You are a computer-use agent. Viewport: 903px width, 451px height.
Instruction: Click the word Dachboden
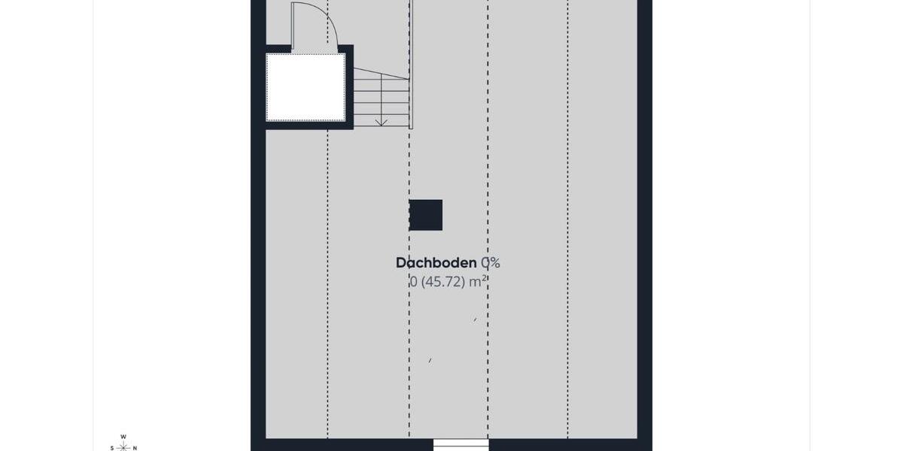(x=436, y=263)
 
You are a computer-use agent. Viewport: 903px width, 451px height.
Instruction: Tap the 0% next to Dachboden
(x=491, y=263)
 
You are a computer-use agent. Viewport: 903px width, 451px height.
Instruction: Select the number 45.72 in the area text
(x=443, y=283)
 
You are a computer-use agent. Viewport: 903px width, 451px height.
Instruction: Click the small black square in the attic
(x=426, y=215)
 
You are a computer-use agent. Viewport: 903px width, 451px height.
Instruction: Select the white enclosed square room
(x=306, y=86)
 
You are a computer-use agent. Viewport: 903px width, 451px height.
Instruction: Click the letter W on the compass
(x=123, y=437)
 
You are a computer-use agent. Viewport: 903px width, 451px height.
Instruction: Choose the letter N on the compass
(x=135, y=448)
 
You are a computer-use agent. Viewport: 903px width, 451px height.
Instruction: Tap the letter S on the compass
(x=112, y=448)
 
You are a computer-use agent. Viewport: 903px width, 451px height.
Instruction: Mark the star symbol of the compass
(x=123, y=447)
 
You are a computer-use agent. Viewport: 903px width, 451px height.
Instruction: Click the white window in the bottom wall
(x=461, y=444)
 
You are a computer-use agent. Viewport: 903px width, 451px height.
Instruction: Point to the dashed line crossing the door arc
(x=328, y=30)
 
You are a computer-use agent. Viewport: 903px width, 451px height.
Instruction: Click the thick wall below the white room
(x=309, y=125)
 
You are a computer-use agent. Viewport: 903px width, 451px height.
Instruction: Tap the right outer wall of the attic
(x=644, y=225)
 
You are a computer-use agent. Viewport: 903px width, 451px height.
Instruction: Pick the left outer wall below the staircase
(x=258, y=286)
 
